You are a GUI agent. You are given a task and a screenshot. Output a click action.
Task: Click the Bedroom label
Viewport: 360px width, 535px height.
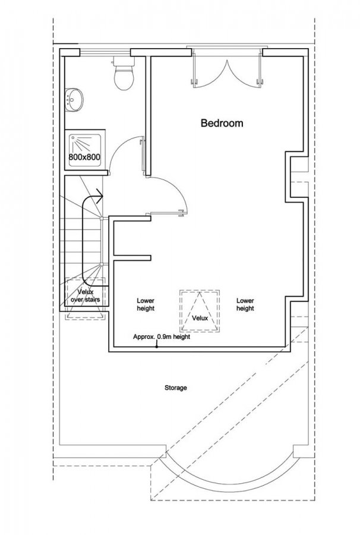222,123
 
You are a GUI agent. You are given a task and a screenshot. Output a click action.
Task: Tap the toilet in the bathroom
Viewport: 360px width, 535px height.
124,73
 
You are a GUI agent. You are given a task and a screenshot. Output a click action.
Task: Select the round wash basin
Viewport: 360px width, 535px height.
74,100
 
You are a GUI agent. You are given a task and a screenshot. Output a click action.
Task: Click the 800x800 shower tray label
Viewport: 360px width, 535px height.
84,158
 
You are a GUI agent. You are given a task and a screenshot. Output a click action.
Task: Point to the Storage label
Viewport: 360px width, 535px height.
176,388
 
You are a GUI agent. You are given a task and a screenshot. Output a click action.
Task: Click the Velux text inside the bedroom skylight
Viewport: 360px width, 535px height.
200,318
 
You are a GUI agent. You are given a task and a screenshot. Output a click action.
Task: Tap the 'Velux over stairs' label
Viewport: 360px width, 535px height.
85,296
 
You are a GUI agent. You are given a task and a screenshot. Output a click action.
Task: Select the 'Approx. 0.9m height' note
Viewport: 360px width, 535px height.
162,337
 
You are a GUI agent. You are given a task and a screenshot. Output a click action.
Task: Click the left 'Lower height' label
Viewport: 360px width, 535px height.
146,304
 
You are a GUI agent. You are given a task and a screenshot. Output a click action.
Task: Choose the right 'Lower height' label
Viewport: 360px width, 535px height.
245,304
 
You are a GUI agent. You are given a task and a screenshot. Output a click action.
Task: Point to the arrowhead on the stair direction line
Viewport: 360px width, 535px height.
99,196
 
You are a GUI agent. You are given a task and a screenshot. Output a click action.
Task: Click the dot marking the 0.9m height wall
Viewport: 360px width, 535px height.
156,347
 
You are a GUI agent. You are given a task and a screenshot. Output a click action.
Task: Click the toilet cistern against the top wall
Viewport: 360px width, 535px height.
124,61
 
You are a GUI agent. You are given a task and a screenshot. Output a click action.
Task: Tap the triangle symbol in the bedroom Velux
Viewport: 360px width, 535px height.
200,311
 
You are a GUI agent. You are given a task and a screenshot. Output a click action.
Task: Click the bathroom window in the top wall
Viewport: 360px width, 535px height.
105,52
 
